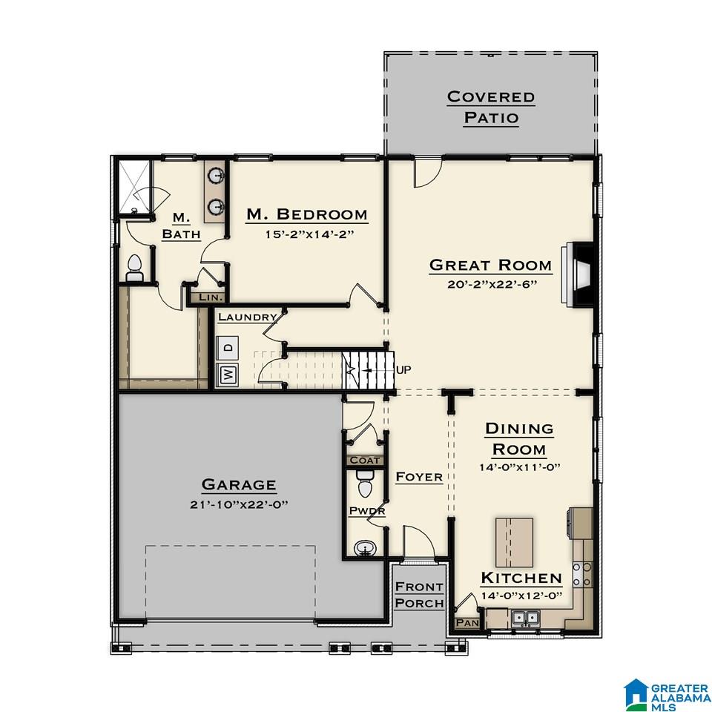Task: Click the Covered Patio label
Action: [490, 108]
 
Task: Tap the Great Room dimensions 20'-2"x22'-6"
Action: [490, 283]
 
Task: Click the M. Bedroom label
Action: [306, 215]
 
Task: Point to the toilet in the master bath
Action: [135, 268]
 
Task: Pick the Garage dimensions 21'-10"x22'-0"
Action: [239, 504]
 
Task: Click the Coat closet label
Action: [364, 461]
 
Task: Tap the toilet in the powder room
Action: [364, 487]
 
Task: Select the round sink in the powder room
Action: [365, 549]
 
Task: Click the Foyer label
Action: [418, 477]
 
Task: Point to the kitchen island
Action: [514, 541]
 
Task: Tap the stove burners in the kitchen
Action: [582, 574]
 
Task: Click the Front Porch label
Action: [419, 595]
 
